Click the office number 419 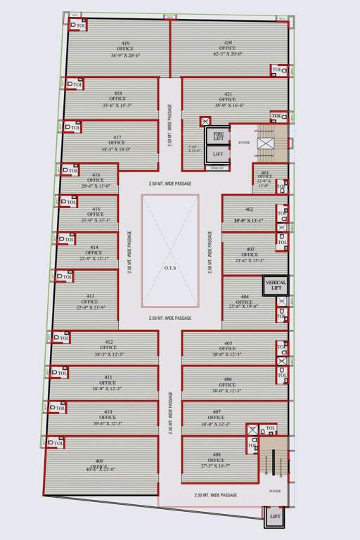125,43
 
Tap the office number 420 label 228,43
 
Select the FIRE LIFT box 219,136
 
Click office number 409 98,461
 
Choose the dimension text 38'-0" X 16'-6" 229,105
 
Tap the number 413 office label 90,296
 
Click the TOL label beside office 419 81,26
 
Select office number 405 228,343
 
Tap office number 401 265,172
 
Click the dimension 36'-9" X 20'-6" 125,55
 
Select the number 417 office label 117,137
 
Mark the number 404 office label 244,296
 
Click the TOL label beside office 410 59,408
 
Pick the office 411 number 108,377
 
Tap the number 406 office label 228,379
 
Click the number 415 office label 96,209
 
